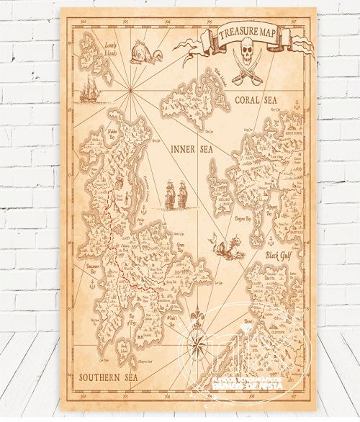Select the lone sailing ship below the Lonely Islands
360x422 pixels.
pyautogui.click(x=89, y=89)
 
